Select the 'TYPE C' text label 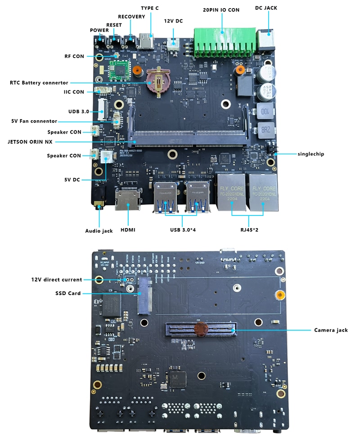tap(150, 8)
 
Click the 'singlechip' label tap(310, 153)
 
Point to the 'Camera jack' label tap(331, 330)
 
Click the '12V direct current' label tap(57, 279)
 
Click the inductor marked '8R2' tap(264, 131)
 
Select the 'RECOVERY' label tap(131, 17)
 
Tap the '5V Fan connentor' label tap(34, 121)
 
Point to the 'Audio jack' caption tap(99, 231)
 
